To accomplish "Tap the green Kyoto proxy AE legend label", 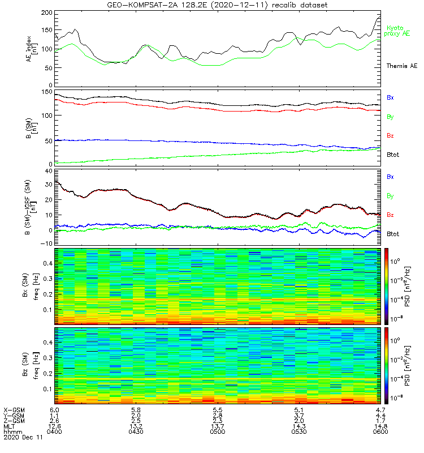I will pyautogui.click(x=398, y=31).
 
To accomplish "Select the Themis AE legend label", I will pyautogui.click(x=401, y=66).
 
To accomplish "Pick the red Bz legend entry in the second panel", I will pyautogui.click(x=390, y=136).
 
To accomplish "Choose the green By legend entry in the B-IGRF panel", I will pyautogui.click(x=390, y=196).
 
